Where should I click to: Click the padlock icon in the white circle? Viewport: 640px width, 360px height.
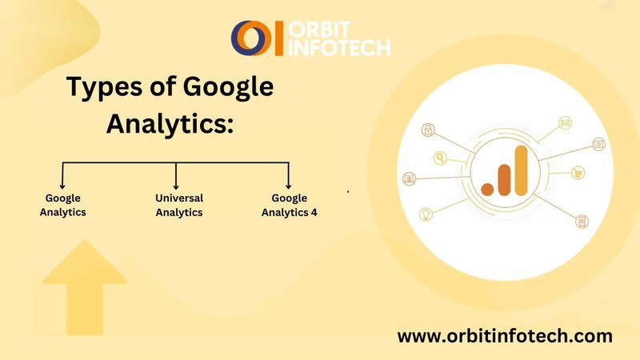428,130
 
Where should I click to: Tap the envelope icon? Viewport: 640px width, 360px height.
566,122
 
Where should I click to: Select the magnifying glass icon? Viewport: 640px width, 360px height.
440,158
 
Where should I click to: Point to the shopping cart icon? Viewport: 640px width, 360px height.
578,173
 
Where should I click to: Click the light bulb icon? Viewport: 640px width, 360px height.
426,214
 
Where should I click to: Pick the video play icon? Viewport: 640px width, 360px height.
598,144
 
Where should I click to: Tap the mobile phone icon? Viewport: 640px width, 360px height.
582,222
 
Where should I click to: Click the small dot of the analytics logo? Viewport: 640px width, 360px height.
487,189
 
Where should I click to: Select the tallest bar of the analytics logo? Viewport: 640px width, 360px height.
522,170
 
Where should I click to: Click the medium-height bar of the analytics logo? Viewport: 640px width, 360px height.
505,180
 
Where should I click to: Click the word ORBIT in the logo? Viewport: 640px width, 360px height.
319,30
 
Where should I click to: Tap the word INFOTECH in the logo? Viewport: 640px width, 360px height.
339,48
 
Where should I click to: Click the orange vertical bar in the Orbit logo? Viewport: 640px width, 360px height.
278,38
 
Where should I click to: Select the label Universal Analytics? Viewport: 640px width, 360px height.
179,205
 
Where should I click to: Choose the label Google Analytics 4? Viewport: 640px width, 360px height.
290,205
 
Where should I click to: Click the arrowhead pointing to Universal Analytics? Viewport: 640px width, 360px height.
176,186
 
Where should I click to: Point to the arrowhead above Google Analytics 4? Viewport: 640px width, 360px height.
288,186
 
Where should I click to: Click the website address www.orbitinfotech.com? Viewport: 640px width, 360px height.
505,336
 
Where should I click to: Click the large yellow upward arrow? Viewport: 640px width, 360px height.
85,287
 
